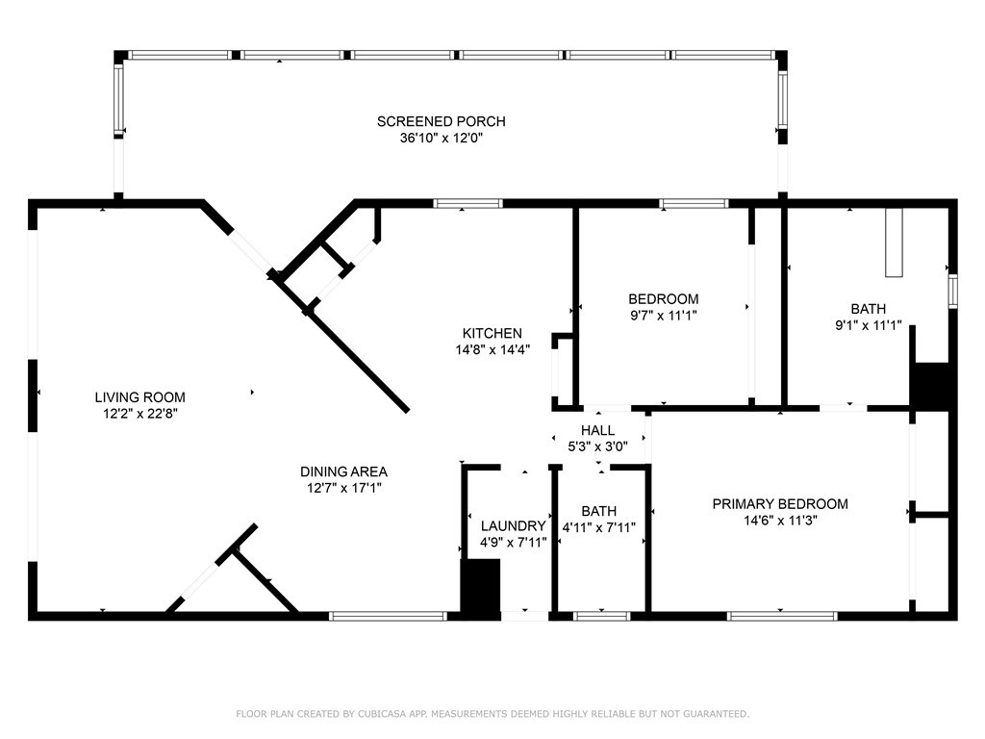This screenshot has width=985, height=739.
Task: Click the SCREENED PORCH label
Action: click(x=441, y=121)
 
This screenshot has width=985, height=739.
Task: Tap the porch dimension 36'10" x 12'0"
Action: click(x=441, y=138)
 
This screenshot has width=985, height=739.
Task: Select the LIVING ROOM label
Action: click(x=139, y=396)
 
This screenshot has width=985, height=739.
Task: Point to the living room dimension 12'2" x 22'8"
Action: click(x=139, y=413)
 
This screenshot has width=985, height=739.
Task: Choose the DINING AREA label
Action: click(x=343, y=471)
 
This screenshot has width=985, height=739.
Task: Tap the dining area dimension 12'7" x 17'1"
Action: click(x=343, y=488)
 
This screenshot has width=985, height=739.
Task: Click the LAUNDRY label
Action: click(x=513, y=526)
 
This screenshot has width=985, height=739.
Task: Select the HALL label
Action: click(x=597, y=430)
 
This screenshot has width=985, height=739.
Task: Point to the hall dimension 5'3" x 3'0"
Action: click(x=597, y=446)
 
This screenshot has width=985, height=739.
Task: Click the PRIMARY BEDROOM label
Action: click(x=779, y=503)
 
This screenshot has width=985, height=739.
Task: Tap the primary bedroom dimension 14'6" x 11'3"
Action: click(x=779, y=520)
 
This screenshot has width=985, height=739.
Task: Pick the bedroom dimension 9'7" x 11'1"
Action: click(x=663, y=315)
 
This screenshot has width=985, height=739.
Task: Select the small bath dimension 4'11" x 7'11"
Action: click(x=598, y=527)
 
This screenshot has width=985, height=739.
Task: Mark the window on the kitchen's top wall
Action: click(x=467, y=203)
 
